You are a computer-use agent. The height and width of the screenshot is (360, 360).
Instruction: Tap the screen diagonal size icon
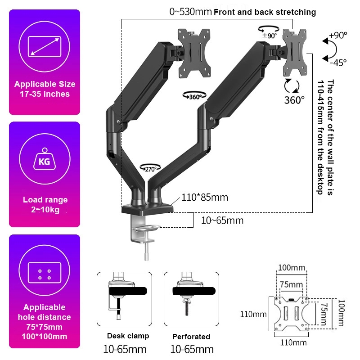(x=45, y=47)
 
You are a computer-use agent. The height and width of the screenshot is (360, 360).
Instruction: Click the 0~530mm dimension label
(x=190, y=12)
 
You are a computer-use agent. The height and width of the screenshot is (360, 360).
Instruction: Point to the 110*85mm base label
(x=205, y=197)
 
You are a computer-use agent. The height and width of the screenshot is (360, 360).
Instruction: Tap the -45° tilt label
(x=338, y=63)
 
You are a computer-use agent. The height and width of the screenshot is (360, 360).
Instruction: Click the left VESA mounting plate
(x=194, y=52)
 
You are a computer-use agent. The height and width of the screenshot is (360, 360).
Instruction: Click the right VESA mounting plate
(x=295, y=52)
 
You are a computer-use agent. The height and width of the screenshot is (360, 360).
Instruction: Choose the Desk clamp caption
(x=128, y=336)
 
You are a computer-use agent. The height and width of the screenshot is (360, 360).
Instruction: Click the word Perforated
(x=191, y=336)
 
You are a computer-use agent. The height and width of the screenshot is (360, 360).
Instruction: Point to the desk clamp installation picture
(x=125, y=299)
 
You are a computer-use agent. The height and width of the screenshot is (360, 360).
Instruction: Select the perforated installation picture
(x=191, y=299)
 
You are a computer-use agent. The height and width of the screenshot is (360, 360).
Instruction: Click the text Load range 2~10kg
(x=45, y=205)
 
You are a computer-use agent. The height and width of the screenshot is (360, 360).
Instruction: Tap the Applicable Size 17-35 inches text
(x=45, y=89)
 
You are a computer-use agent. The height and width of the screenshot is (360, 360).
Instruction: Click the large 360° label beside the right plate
(x=294, y=100)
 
